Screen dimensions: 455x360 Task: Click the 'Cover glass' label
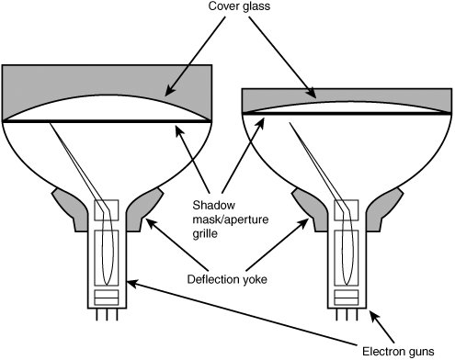point(239,6)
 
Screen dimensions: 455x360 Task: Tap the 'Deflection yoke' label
point(227,279)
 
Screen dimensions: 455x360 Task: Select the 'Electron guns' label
point(398,352)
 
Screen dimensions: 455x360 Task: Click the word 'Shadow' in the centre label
point(214,205)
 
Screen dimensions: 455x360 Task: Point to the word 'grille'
point(205,234)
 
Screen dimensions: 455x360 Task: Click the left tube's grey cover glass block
point(107,80)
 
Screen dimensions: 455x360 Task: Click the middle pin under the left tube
point(107,314)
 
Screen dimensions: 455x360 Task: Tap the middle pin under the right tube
point(347,314)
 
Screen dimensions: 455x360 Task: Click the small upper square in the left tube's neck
point(107,210)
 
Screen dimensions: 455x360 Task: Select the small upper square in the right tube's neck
point(347,210)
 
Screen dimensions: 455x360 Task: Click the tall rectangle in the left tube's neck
point(107,258)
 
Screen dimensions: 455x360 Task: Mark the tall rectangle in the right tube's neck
point(347,258)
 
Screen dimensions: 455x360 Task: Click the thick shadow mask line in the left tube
point(107,121)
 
